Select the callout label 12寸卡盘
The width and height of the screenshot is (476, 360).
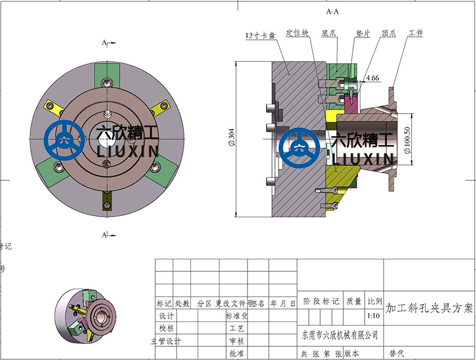(x=260, y=35)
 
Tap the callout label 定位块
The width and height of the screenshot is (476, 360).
(x=297, y=33)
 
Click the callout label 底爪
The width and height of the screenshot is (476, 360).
(x=328, y=34)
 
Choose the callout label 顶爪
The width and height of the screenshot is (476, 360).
(x=389, y=34)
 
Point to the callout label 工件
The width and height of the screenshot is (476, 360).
(x=415, y=33)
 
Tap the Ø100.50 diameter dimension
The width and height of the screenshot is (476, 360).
(x=407, y=140)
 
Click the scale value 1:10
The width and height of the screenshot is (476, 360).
(x=374, y=317)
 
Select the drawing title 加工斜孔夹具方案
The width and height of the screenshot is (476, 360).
(x=429, y=309)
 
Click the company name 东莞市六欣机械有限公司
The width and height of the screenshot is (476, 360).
(x=337, y=336)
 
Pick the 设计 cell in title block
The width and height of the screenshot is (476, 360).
(x=166, y=316)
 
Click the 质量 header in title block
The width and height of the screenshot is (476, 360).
(x=353, y=302)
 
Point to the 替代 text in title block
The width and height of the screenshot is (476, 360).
(x=396, y=353)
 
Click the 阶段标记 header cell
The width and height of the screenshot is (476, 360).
(x=321, y=302)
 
